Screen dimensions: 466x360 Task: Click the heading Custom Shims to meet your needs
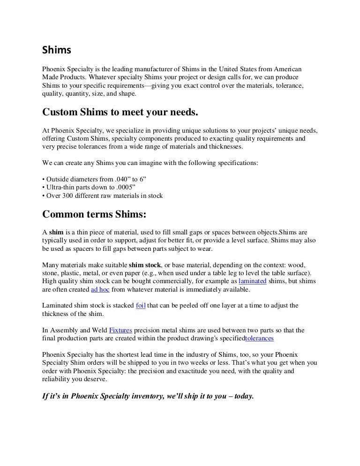(x=120, y=113)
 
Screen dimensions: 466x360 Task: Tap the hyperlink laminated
(x=253, y=281)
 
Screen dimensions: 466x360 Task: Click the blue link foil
(x=141, y=306)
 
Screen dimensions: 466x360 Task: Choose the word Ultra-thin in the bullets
(x=61, y=187)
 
